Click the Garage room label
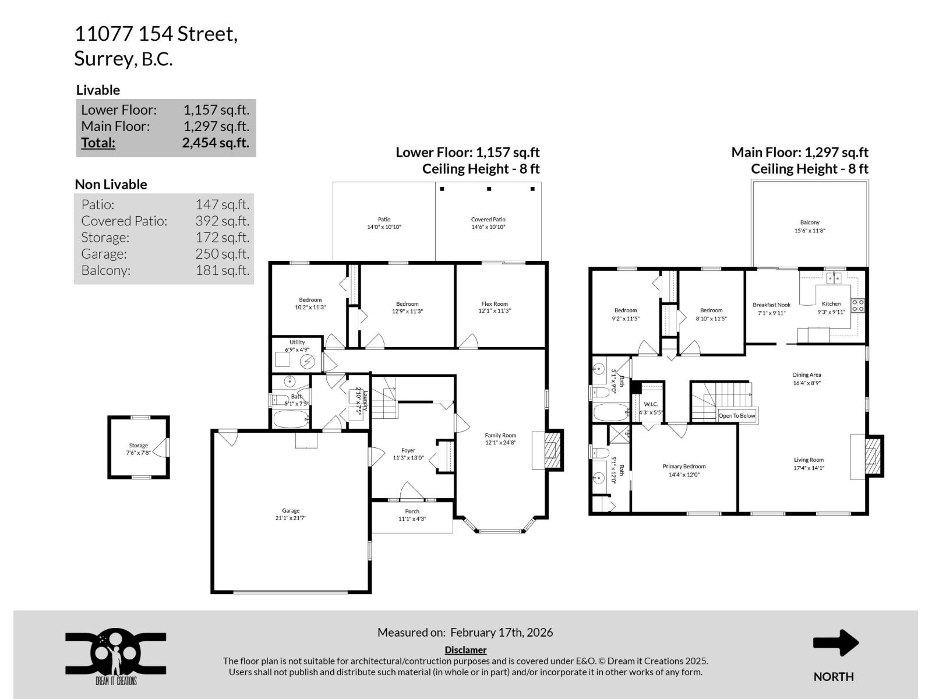[x=291, y=514]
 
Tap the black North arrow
[x=835, y=643]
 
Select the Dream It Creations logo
[x=115, y=656]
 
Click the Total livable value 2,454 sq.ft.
[x=216, y=143]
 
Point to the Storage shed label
[x=139, y=449]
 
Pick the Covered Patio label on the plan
[x=488, y=223]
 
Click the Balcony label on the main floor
[x=810, y=226]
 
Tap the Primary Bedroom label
[x=684, y=470]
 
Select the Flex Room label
[x=495, y=307]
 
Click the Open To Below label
[x=737, y=415]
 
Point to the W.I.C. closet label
[x=651, y=408]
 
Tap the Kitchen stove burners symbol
[x=858, y=305]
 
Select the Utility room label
[x=297, y=346]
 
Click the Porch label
[x=412, y=515]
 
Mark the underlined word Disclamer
[x=465, y=649]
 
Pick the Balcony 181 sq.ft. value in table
[x=223, y=270]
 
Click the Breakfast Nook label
[x=771, y=308]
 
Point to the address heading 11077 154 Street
[x=156, y=34]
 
